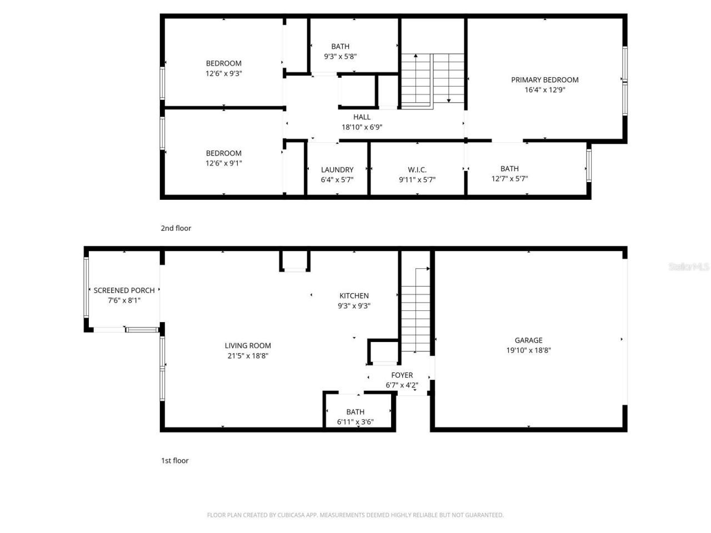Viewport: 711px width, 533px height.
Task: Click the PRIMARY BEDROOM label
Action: pyautogui.click(x=544, y=80)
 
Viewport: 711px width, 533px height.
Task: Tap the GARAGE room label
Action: pyautogui.click(x=528, y=340)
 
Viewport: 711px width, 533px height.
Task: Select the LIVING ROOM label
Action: pyautogui.click(x=248, y=345)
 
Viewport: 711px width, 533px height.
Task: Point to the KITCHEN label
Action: pyautogui.click(x=354, y=296)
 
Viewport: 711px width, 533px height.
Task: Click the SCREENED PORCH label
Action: pyautogui.click(x=124, y=290)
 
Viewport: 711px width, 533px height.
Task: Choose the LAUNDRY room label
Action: pyautogui.click(x=337, y=170)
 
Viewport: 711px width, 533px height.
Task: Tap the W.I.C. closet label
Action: pyautogui.click(x=417, y=170)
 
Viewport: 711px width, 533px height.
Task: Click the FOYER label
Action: pyautogui.click(x=402, y=375)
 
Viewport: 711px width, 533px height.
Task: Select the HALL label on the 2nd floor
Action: pyautogui.click(x=362, y=117)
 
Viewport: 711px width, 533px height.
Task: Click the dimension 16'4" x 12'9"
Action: pyautogui.click(x=544, y=90)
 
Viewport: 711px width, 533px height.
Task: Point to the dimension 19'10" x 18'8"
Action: pyautogui.click(x=528, y=350)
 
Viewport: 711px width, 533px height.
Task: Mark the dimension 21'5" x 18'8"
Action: pyautogui.click(x=248, y=356)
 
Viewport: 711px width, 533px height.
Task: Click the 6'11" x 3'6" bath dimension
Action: pyautogui.click(x=355, y=422)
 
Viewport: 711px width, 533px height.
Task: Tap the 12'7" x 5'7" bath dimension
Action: pyautogui.click(x=509, y=179)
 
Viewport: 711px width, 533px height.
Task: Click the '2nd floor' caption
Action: pyautogui.click(x=176, y=228)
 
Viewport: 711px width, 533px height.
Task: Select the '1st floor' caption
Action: pyautogui.click(x=174, y=460)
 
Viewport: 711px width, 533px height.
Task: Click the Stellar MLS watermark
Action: pyautogui.click(x=688, y=267)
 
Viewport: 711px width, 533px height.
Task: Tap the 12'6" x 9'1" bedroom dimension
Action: pyautogui.click(x=223, y=163)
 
